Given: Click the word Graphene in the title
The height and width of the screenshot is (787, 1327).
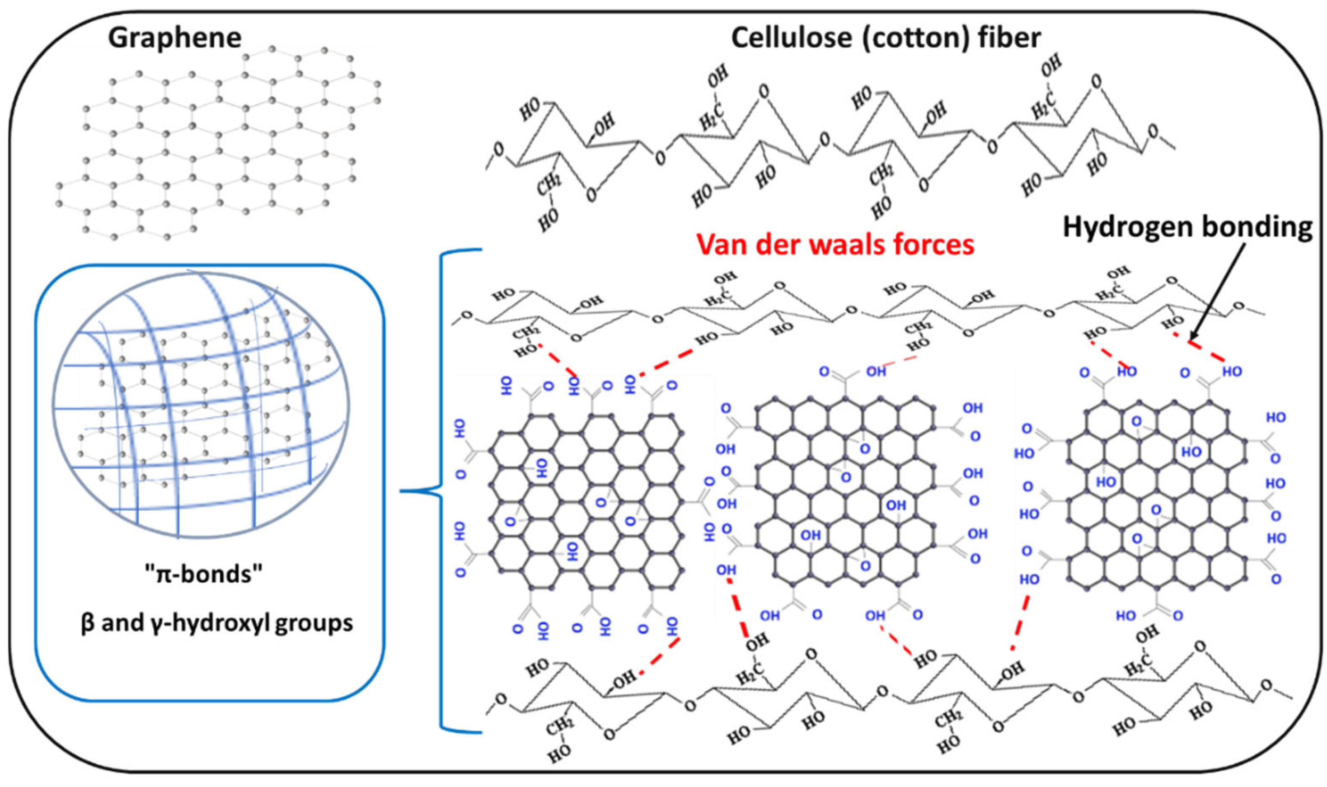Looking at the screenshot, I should point(175,38).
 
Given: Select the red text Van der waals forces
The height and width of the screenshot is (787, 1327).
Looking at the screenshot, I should point(835,245).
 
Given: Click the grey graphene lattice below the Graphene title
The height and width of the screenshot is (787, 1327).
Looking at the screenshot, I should point(217,143).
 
